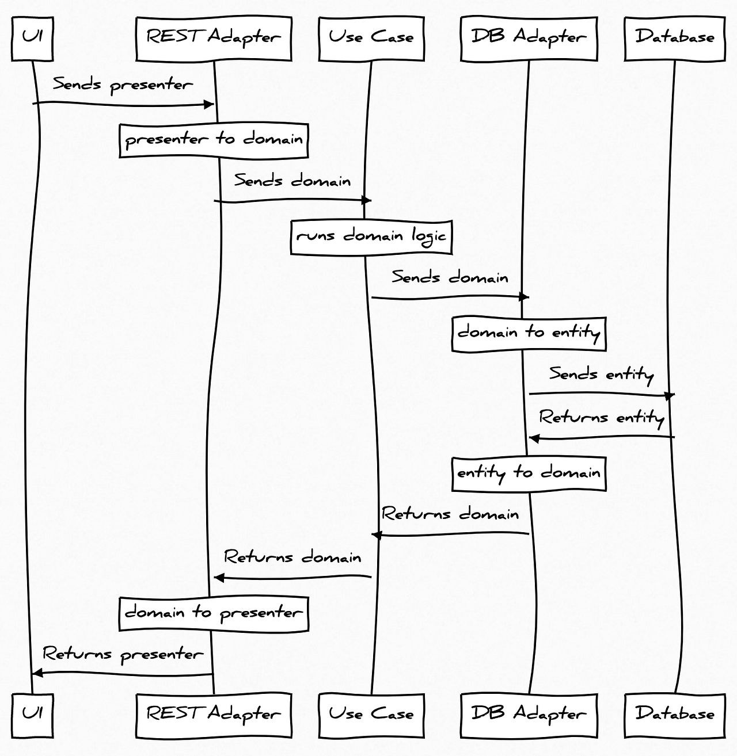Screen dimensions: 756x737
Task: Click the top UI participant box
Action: pyautogui.click(x=32, y=39)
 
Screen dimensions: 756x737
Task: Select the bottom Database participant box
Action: pyautogui.click(x=675, y=715)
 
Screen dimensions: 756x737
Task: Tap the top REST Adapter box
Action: pyautogui.click(x=214, y=39)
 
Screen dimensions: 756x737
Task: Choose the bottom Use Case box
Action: pyautogui.click(x=371, y=715)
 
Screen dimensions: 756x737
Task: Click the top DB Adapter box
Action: pyautogui.click(x=529, y=39)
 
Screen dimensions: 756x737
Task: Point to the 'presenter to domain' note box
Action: pyautogui.click(x=214, y=140)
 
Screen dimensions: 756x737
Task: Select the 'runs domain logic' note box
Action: pyautogui.click(x=371, y=236)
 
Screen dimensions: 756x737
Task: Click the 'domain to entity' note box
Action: pyautogui.click(x=529, y=333)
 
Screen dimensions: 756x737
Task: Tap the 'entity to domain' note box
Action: pyautogui.click(x=529, y=474)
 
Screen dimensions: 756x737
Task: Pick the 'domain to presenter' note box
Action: pyautogui.click(x=214, y=613)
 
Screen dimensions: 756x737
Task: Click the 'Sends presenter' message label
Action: pyautogui.click(x=123, y=85)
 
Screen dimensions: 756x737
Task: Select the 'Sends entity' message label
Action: pyautogui.click(x=601, y=375)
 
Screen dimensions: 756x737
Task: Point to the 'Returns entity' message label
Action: pyautogui.click(x=601, y=417)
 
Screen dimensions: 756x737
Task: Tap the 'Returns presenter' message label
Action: pyautogui.click(x=123, y=655)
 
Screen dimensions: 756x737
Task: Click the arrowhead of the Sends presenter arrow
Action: pyautogui.click(x=210, y=105)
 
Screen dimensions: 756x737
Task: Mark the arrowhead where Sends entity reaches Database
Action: pyautogui.click(x=670, y=396)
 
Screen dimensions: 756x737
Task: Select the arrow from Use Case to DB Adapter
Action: pyautogui.click(x=449, y=297)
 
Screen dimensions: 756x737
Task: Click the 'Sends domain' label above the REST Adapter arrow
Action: pyautogui.click(x=292, y=181)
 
